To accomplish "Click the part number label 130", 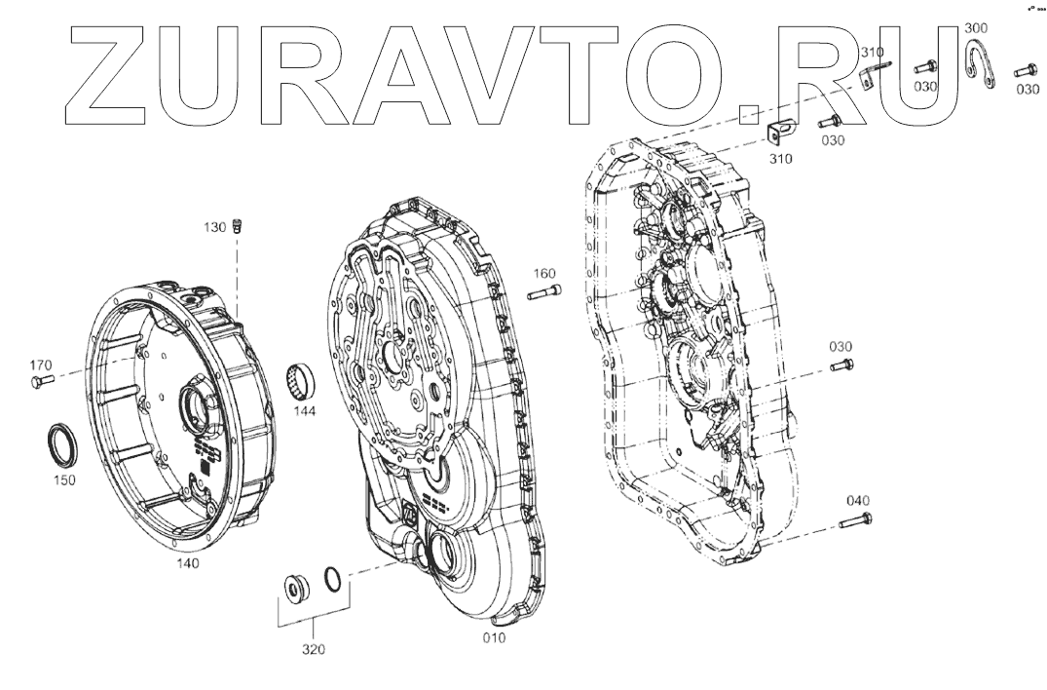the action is coord(215,228).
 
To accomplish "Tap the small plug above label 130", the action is coord(237,225).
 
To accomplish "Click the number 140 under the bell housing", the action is coord(188,563).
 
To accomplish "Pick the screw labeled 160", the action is coord(544,292).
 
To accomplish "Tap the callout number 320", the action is coord(314,649).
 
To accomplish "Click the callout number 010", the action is coord(494,638).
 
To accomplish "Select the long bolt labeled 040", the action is coord(855,520).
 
